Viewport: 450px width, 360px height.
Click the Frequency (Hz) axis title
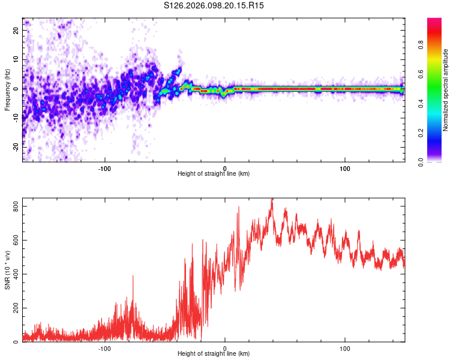[7, 89]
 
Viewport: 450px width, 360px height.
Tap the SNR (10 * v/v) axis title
[7, 270]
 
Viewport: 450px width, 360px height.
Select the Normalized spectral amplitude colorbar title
[445, 90]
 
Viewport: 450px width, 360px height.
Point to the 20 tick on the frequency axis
[16, 31]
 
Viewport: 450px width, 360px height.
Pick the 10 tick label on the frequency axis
[16, 60]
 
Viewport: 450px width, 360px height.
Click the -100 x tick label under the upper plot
[105, 167]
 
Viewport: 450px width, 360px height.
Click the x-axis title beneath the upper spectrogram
[214, 173]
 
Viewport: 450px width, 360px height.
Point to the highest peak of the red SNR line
[272, 200]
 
